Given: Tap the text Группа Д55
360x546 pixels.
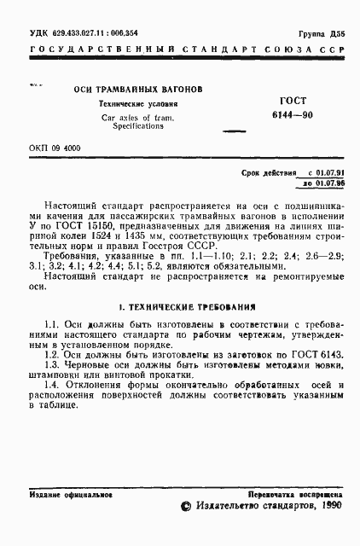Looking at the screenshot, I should click(322, 32).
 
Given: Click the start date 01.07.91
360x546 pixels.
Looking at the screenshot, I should click(329, 172).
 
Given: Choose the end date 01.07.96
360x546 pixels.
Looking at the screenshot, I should click(329, 183).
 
